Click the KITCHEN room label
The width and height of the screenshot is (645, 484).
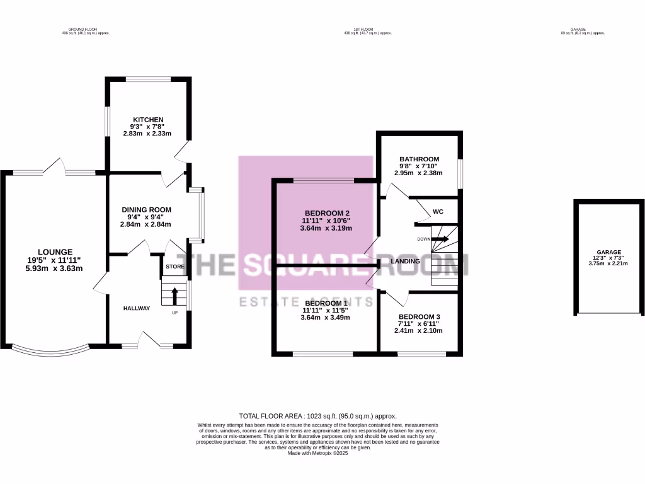[x=148, y=120]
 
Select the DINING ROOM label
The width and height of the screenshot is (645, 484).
[x=146, y=210]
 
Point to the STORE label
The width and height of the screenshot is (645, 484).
[x=175, y=267]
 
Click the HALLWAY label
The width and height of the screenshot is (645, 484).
[x=137, y=308]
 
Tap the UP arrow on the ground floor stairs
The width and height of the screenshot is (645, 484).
[x=175, y=296]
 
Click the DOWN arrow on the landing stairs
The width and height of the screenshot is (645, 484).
[x=439, y=239]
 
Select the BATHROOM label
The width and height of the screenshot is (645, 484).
[x=419, y=159]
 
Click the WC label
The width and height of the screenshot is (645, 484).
[x=438, y=211]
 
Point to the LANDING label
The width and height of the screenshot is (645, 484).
[x=405, y=261]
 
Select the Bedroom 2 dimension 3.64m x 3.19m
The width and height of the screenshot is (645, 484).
[x=326, y=229]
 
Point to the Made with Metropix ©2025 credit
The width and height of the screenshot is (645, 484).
[x=317, y=453]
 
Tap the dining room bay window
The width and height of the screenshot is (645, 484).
[x=200, y=214]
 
